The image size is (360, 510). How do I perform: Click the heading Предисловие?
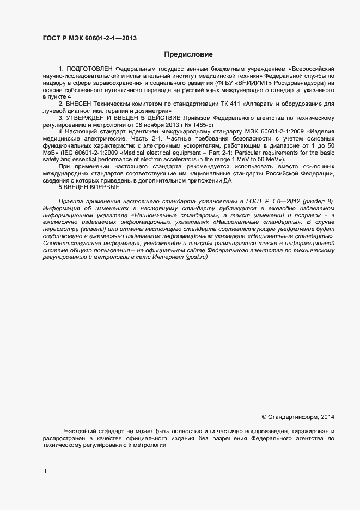click(189, 54)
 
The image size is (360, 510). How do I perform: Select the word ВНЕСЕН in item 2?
click(80, 103)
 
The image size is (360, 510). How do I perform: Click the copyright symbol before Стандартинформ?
click(264, 417)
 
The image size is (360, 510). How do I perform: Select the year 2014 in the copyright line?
click(327, 417)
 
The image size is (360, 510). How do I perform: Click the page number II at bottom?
click(45, 470)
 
